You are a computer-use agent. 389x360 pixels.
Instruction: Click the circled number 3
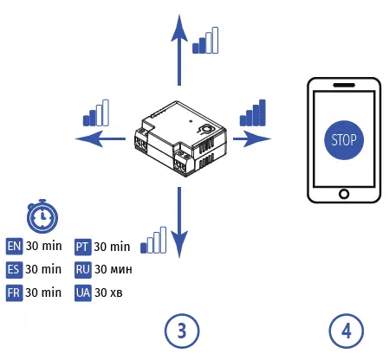[x=181, y=330]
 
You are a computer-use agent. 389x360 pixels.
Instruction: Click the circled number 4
[x=346, y=330]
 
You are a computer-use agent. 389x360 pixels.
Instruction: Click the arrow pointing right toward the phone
[x=252, y=137]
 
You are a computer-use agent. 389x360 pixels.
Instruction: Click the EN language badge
[x=14, y=247]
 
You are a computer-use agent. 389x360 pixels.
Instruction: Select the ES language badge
[x=14, y=270]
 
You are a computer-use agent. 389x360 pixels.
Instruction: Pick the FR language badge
[x=14, y=293]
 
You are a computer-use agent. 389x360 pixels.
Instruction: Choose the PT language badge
[x=82, y=247]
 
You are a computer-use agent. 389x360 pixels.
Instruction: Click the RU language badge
[x=82, y=270]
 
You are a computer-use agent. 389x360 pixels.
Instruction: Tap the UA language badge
[x=82, y=293]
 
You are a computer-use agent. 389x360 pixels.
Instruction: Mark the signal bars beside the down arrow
[x=153, y=241]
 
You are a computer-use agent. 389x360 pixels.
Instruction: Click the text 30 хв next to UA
[x=109, y=293]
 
